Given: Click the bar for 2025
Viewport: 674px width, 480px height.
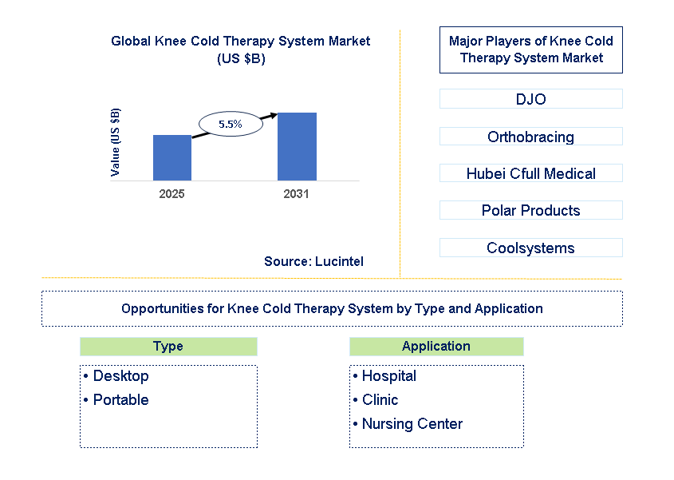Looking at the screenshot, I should click(171, 157).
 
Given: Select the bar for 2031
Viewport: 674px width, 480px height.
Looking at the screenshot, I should click(297, 146).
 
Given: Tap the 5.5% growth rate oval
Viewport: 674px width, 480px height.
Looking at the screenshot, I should click(230, 124).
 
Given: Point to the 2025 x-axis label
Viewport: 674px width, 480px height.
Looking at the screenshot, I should click(171, 194).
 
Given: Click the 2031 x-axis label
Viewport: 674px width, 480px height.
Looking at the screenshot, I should click(296, 194).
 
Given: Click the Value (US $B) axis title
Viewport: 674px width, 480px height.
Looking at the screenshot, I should click(116, 142).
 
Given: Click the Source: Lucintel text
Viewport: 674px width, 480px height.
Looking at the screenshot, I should click(313, 261).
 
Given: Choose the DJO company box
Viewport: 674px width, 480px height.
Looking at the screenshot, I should click(530, 99).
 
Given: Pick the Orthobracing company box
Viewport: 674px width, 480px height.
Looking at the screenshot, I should click(530, 137).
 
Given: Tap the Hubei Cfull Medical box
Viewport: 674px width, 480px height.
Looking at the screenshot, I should click(530, 173).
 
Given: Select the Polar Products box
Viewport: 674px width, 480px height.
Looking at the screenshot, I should click(530, 210).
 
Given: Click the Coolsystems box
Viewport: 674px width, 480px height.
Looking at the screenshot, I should click(530, 248).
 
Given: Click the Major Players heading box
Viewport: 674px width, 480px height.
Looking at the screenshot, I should click(530, 50).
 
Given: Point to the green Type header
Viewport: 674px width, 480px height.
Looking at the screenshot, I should click(168, 347).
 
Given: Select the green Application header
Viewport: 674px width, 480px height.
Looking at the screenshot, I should click(436, 347).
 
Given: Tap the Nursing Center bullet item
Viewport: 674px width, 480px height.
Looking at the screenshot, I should click(412, 424).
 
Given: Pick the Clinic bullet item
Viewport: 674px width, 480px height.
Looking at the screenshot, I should click(380, 399).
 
